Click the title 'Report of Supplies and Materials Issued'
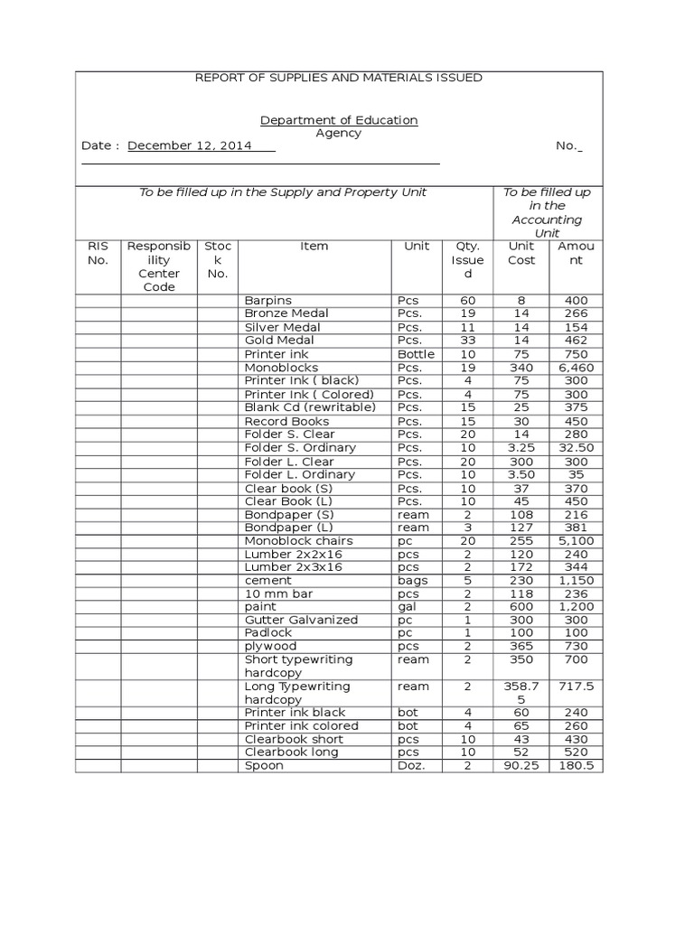tap(339, 78)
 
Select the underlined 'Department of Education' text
tap(339, 120)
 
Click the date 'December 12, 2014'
tap(190, 145)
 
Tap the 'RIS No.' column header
tap(98, 253)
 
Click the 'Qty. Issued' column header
tap(467, 260)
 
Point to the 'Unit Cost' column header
tap(521, 253)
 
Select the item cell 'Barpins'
tap(268, 301)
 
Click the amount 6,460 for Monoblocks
tap(576, 369)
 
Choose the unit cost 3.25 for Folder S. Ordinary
tap(521, 448)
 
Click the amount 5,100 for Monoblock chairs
tap(576, 541)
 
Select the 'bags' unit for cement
tap(413, 581)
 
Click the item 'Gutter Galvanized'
tap(301, 620)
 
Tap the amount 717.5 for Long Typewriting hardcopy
tap(576, 687)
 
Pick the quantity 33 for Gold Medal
tap(467, 341)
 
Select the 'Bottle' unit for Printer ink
tap(416, 354)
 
